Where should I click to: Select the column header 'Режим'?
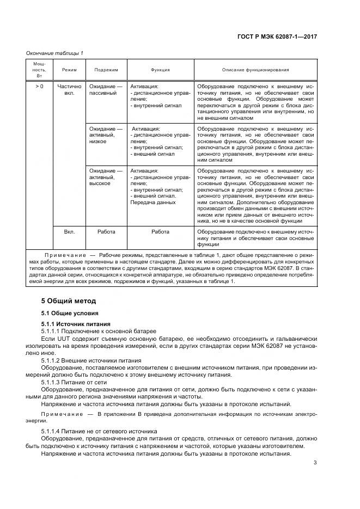tap(69, 70)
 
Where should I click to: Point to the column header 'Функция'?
tap(160, 70)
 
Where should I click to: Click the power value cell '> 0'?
tap(40, 86)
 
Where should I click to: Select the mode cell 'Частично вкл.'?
tap(69, 89)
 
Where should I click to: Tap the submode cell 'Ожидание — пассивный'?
tap(106, 89)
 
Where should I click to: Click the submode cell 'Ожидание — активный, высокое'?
tap(106, 177)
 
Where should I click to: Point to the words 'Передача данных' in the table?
tap(153, 203)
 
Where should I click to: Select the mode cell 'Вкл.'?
tap(69, 231)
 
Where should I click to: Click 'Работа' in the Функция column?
tap(160, 231)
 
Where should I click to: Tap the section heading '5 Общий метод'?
tap(69, 301)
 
